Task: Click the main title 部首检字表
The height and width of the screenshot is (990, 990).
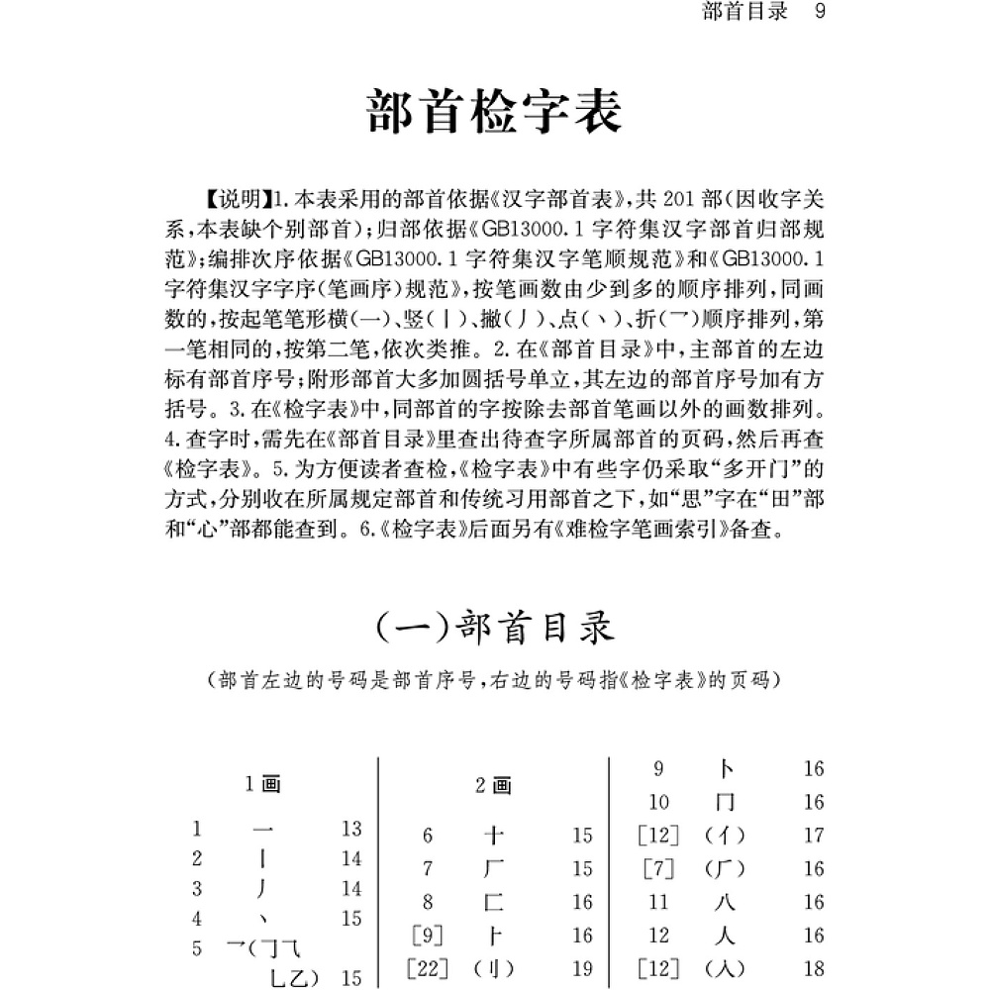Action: [494, 114]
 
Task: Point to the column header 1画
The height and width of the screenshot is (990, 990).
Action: [262, 785]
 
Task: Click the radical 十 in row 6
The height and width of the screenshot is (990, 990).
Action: [494, 836]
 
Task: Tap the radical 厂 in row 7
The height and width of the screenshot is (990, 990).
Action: [494, 869]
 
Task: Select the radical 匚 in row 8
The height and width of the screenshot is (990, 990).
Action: [494, 902]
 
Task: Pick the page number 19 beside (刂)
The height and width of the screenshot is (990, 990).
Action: [582, 967]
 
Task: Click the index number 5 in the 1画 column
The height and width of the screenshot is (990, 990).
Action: [198, 948]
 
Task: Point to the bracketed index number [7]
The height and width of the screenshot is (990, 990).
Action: [658, 869]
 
